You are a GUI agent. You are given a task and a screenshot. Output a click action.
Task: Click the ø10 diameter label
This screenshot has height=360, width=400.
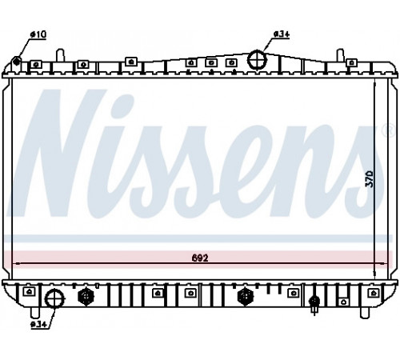(x=38, y=34)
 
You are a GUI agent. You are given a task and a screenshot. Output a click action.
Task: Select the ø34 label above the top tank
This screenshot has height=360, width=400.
(x=282, y=34)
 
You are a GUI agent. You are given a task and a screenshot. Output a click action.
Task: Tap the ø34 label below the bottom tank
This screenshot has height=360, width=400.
(x=38, y=325)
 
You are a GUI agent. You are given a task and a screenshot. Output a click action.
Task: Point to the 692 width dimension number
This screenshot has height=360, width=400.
(x=200, y=258)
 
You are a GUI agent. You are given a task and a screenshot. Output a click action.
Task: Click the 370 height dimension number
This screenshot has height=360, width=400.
(x=370, y=178)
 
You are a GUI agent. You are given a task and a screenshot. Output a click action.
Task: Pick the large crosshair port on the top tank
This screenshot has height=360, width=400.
(x=257, y=60)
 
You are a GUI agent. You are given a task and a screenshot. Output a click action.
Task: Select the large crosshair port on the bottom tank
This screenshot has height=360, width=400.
(x=54, y=298)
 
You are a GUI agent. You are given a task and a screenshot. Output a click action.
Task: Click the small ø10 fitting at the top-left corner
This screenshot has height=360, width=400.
(x=17, y=62)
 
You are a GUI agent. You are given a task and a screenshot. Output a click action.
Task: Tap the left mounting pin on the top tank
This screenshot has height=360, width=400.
(x=60, y=55)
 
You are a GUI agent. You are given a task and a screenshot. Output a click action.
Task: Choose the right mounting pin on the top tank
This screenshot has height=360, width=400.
(x=340, y=55)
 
